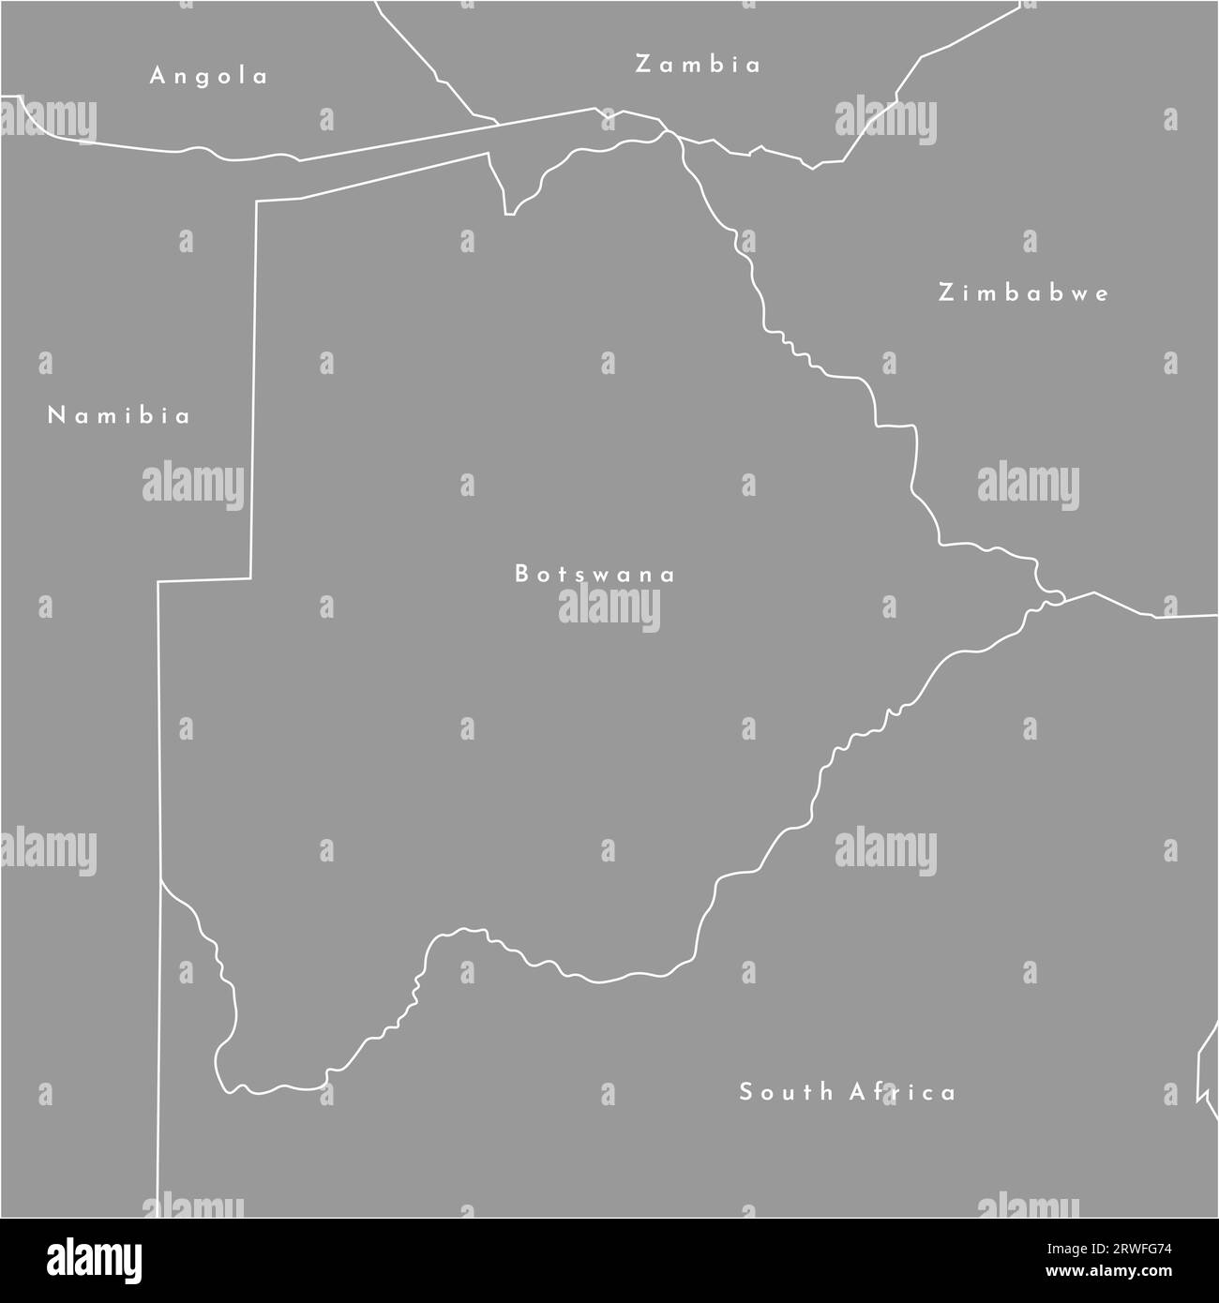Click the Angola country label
point(209,76)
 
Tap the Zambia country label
point(698,64)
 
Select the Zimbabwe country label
point(1024,292)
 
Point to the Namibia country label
point(119,415)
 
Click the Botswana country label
point(594,574)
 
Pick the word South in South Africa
point(786,1091)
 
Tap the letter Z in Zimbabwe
point(946,292)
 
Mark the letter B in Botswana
point(521,574)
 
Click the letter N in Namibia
point(55,415)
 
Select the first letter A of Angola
point(158,76)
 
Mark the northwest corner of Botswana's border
point(257,201)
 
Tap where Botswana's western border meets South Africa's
point(160,880)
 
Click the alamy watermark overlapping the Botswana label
point(609,610)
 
